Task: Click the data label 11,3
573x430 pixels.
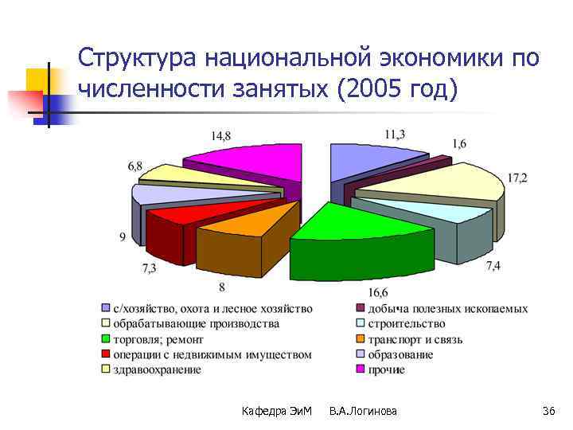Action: pyautogui.click(x=394, y=135)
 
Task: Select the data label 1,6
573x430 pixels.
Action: pyautogui.click(x=460, y=143)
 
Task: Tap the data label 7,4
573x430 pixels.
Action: pyautogui.click(x=493, y=265)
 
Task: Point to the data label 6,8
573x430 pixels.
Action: pyautogui.click(x=135, y=166)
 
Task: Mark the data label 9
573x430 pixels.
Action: pyautogui.click(x=122, y=236)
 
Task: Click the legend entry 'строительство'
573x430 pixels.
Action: pyautogui.click(x=405, y=324)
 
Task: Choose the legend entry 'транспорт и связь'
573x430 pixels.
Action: pyautogui.click(x=415, y=339)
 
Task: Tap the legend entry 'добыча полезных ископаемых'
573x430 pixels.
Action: pyautogui.click(x=446, y=309)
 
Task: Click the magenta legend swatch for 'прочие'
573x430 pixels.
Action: pyautogui.click(x=360, y=369)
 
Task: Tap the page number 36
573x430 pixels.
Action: pyautogui.click(x=548, y=411)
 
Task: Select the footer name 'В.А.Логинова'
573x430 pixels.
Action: pyautogui.click(x=363, y=411)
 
